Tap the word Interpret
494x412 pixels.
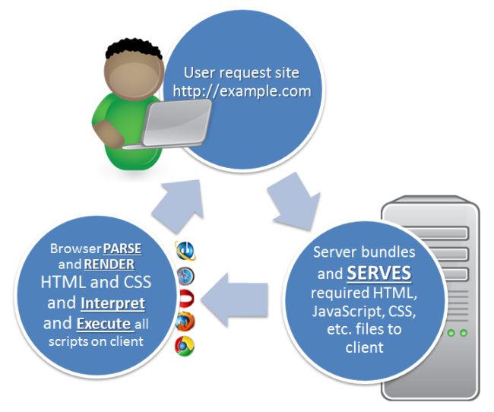(112, 303)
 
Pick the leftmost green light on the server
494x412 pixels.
(450, 332)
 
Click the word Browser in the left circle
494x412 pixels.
(73, 249)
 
